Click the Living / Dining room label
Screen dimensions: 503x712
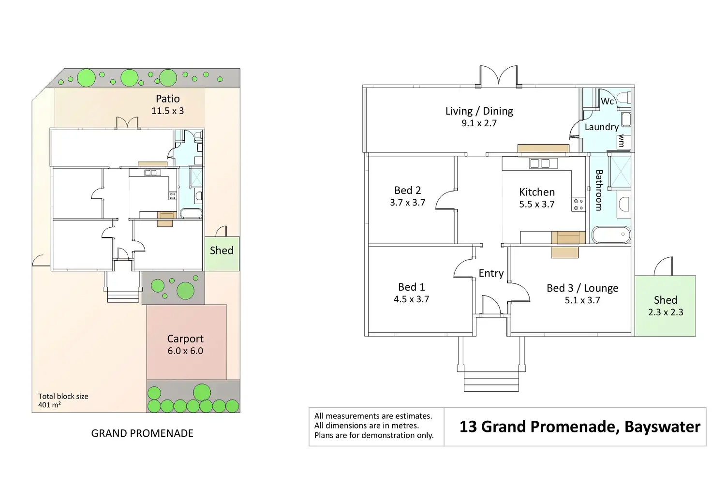coord(479,111)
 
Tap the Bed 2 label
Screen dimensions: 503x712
coord(407,190)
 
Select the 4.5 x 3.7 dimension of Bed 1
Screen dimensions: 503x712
coord(411,299)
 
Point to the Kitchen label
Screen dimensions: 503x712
coord(536,192)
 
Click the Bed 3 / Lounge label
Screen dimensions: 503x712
coord(582,288)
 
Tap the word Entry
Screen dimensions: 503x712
coord(491,273)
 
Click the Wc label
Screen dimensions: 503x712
coord(607,101)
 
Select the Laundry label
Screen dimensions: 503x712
coord(601,127)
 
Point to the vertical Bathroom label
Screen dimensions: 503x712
coord(599,190)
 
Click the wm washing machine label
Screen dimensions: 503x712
coord(622,141)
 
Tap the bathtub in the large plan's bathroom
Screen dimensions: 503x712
coord(611,235)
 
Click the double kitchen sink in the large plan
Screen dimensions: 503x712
coord(540,163)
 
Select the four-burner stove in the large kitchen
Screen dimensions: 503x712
coord(578,205)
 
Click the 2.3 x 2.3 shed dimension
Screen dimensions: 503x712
coord(666,312)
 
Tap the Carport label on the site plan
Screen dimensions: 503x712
coord(185,339)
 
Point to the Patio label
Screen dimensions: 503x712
coord(167,99)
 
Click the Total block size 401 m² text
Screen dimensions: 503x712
coord(63,400)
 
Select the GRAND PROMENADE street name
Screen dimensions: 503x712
coord(142,433)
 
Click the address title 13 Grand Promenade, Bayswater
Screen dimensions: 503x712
coord(579,427)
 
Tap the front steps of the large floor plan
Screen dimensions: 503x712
coord(491,381)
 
